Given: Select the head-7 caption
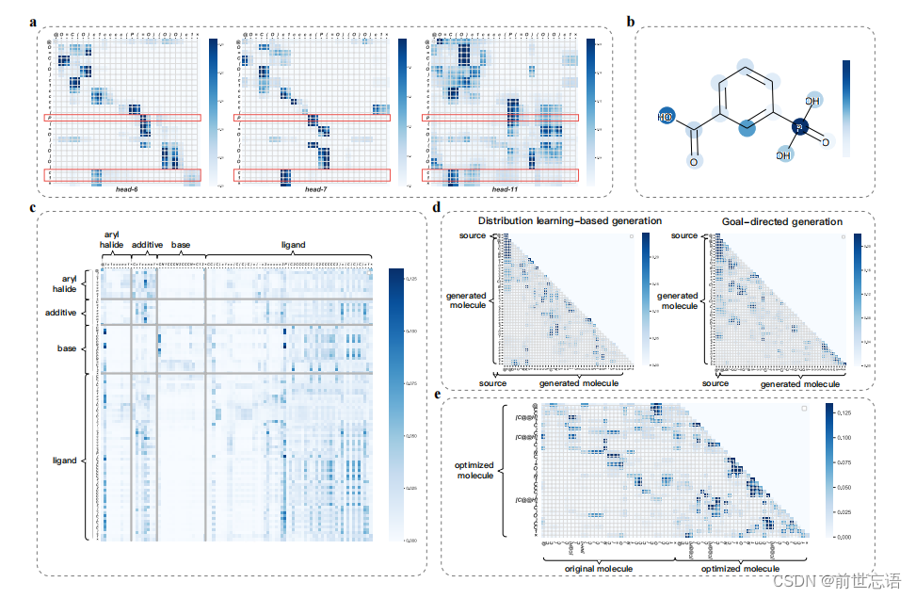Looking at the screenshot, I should (315, 189).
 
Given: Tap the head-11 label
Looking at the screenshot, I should (506, 189).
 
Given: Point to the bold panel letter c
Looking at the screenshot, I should (33, 208).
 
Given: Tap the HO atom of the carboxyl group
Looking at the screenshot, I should (667, 118).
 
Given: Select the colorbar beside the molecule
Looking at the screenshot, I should (846, 108).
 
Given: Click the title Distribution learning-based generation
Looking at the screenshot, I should (570, 221).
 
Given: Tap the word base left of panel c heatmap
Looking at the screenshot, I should (65, 347).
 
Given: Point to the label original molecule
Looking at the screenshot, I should (599, 569).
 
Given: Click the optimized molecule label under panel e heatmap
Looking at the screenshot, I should (742, 569).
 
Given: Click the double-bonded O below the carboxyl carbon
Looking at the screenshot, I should (694, 163).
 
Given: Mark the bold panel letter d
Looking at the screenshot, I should (437, 208).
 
